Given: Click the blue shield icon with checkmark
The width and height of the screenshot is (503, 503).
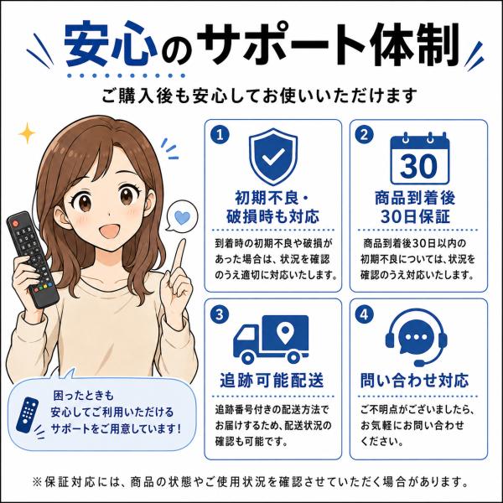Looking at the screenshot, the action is pyautogui.click(x=273, y=156).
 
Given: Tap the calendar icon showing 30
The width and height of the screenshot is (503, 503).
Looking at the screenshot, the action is pyautogui.click(x=419, y=158).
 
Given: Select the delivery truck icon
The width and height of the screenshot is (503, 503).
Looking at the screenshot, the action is pyautogui.click(x=271, y=339).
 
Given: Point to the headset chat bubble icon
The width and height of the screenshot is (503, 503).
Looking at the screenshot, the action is pyautogui.click(x=417, y=337).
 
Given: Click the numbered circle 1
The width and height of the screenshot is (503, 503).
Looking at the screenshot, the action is pyautogui.click(x=220, y=135).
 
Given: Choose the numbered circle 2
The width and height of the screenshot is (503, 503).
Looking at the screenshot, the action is pyautogui.click(x=364, y=135).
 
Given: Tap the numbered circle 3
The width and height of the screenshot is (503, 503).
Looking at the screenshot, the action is pyautogui.click(x=220, y=314).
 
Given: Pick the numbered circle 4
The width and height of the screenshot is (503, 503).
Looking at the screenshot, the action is pyautogui.click(x=364, y=314).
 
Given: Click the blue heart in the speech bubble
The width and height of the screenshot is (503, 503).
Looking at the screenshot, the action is pyautogui.click(x=182, y=218).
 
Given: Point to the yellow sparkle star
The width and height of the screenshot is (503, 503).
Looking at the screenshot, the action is pyautogui.click(x=28, y=133).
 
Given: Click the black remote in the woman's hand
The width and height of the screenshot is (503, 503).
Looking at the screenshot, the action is pyautogui.click(x=33, y=259).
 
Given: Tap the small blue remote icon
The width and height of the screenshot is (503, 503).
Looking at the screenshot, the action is pyautogui.click(x=28, y=414).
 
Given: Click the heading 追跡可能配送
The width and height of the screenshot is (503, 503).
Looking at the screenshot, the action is pyautogui.click(x=272, y=381).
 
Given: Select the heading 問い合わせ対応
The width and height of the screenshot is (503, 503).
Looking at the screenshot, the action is pyautogui.click(x=414, y=381).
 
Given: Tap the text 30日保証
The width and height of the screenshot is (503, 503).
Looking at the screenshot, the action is pyautogui.click(x=416, y=216).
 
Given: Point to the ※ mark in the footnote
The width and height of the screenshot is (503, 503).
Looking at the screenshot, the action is pyautogui.click(x=37, y=482).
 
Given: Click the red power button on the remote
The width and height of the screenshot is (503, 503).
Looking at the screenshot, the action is pyautogui.click(x=15, y=222).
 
